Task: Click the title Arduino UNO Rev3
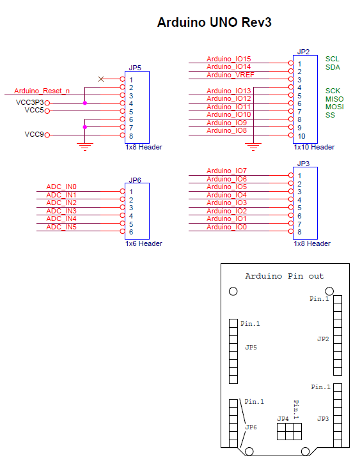[214, 23]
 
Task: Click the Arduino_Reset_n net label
[42, 91]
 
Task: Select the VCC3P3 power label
[29, 102]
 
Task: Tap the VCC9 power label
[34, 135]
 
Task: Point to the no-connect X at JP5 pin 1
[101, 79]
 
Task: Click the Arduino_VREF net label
[229, 75]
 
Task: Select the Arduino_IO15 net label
[229, 59]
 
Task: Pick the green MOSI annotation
[334, 107]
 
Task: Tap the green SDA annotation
[333, 67]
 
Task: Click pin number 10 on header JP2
[302, 136]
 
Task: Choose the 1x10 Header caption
[314, 147]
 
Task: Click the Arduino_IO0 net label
[227, 227]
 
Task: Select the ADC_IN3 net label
[61, 211]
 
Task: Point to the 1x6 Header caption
[143, 243]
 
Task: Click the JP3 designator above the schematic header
[304, 164]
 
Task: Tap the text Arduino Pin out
[285, 276]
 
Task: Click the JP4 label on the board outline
[283, 418]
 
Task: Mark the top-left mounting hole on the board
[233, 291]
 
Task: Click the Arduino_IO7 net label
[227, 171]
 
